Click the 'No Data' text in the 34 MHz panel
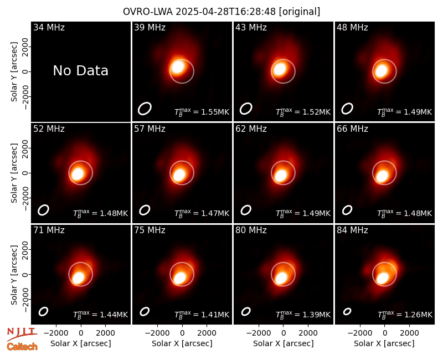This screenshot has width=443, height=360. point(80,71)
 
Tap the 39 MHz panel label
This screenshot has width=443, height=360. point(150,27)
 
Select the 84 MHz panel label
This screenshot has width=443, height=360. point(352,230)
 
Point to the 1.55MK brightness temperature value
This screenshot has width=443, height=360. point(215,112)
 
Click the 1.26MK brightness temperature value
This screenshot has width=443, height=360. point(418,315)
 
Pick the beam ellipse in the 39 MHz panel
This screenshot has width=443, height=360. point(145,109)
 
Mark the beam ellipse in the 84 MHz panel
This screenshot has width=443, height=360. point(347,311)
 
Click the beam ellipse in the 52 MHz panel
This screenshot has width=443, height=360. point(44,210)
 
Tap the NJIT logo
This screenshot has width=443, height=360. point(22,334)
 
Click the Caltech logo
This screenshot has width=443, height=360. point(22,347)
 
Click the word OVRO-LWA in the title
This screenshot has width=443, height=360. point(148,12)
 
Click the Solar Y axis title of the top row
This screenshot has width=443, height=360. point(14,72)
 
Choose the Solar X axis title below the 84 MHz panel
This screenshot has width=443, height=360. point(384,343)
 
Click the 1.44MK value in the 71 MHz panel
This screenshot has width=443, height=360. point(114,315)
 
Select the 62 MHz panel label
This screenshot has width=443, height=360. point(251,129)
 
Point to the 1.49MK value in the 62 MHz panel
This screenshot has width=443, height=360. point(316,213)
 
